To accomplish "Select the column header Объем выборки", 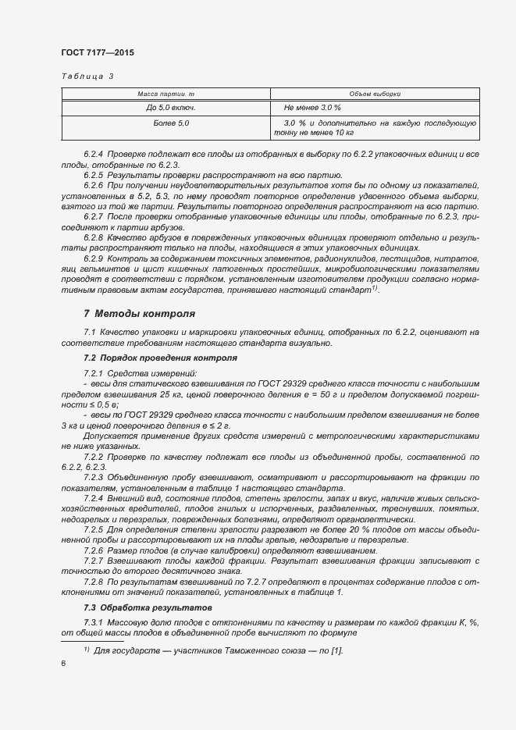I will point(375,94).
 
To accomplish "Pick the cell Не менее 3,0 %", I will point(312,107).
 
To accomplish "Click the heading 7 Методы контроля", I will point(139,314).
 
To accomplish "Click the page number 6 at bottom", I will point(62,664).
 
